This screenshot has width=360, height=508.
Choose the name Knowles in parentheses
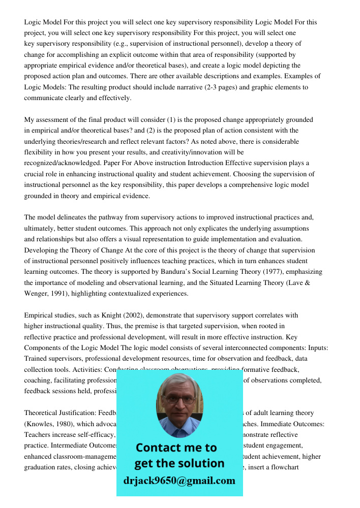point(41,424)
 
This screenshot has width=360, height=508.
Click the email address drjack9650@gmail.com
point(179,480)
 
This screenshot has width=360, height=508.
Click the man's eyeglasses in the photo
point(179,399)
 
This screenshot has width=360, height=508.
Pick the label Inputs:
point(316,347)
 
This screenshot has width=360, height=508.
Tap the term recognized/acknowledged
point(63,163)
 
